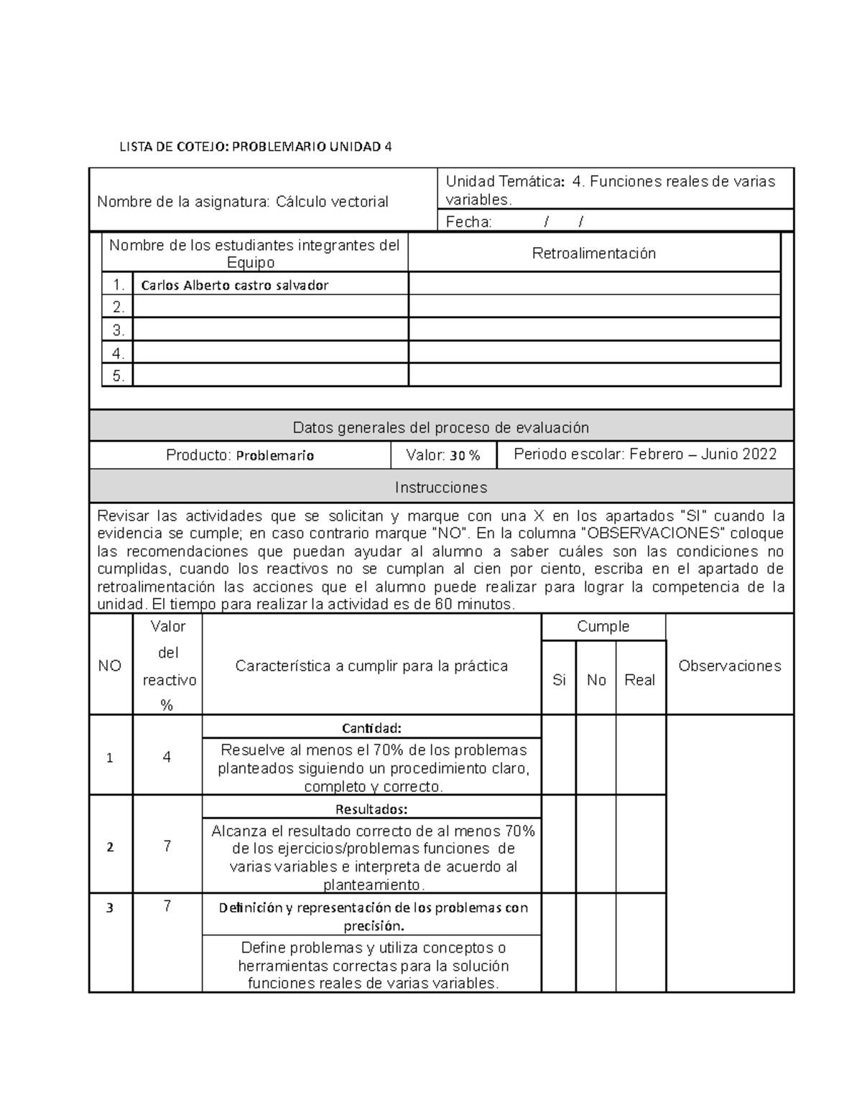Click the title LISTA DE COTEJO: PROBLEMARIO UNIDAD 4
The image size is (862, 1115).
point(256,147)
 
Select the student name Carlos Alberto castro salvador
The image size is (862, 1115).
point(235,285)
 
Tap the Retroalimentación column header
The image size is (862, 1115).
point(594,253)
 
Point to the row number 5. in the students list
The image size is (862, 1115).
point(119,375)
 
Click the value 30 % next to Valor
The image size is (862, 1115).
point(465,455)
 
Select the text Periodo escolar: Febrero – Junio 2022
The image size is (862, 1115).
point(645,454)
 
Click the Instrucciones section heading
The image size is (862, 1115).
point(441,487)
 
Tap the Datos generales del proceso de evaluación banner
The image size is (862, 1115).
point(441,428)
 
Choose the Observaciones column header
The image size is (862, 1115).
point(729,666)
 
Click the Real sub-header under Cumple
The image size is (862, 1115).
point(639,680)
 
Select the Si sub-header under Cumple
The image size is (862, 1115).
point(559,680)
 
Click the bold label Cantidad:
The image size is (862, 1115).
point(371,728)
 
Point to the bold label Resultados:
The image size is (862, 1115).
point(371,809)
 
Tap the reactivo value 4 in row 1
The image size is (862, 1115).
point(167,757)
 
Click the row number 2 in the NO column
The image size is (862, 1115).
point(110,847)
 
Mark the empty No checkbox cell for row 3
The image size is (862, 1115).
point(596,942)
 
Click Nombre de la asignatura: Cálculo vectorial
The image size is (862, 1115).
point(243,202)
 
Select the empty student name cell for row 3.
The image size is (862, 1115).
point(270,330)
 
